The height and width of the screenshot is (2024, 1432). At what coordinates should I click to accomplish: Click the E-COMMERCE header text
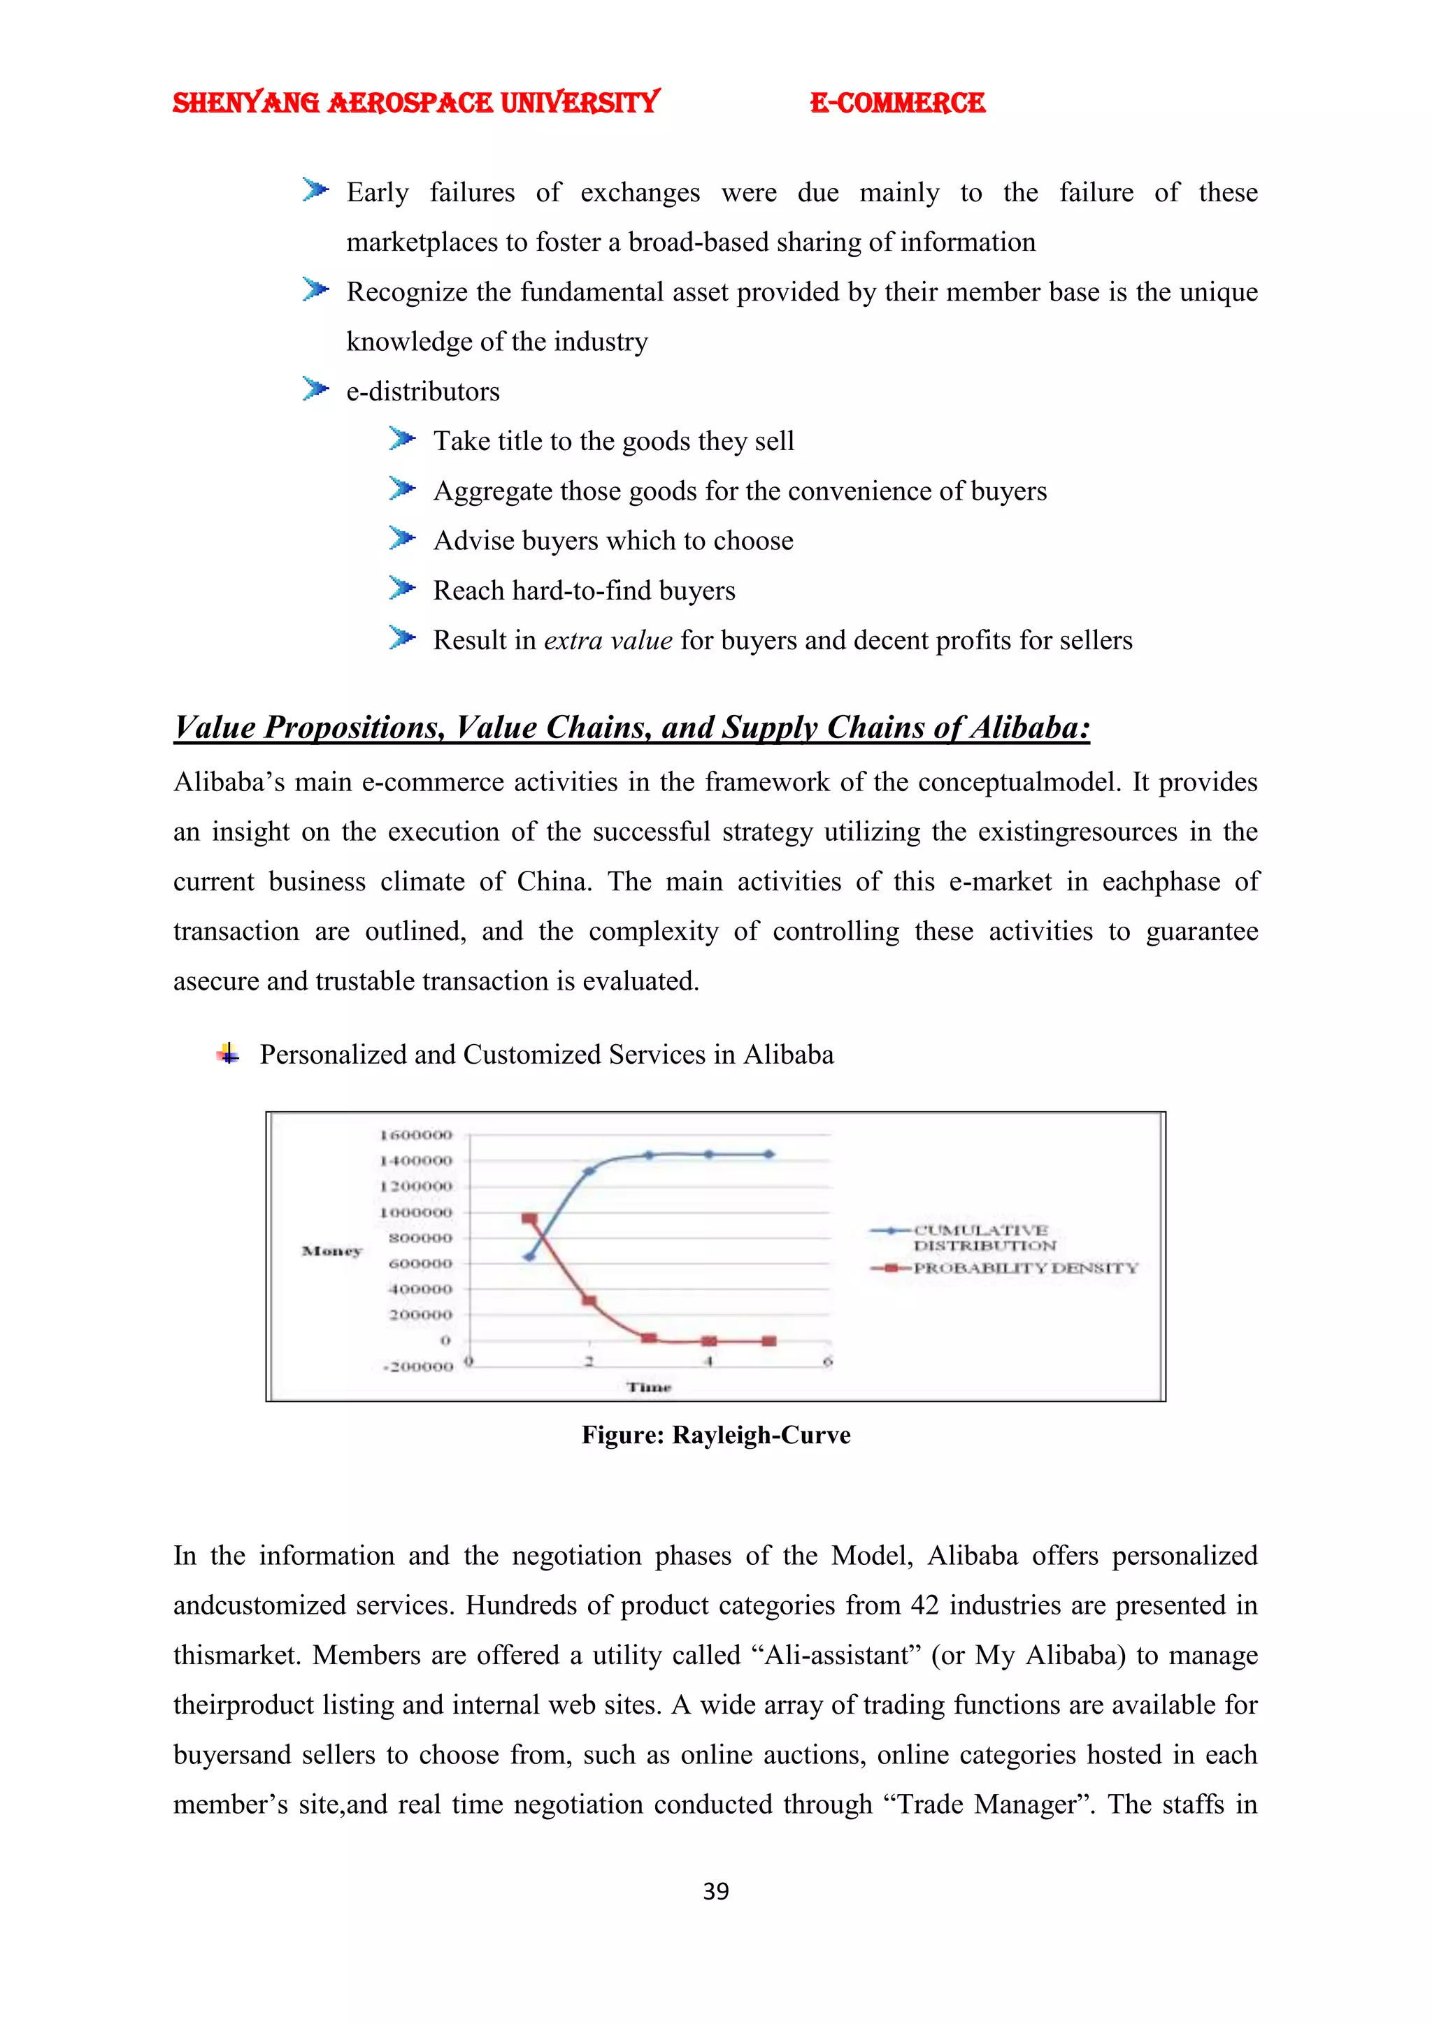pyautogui.click(x=897, y=103)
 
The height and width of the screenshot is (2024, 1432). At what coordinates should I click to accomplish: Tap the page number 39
pyautogui.click(x=715, y=1891)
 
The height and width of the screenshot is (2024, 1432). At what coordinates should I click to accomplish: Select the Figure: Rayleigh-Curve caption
pyautogui.click(x=715, y=1435)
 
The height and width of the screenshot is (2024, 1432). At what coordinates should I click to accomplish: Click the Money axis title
pyautogui.click(x=331, y=1251)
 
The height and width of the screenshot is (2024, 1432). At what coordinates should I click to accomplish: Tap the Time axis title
pyautogui.click(x=649, y=1387)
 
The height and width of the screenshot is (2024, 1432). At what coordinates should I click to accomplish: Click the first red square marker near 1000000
pyautogui.click(x=529, y=1218)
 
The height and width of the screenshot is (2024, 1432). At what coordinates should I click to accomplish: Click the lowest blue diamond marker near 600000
pyautogui.click(x=529, y=1256)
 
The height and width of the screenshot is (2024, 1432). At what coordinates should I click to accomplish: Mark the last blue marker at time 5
pyautogui.click(x=769, y=1154)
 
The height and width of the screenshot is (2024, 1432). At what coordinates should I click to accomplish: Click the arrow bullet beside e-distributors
pyautogui.click(x=315, y=389)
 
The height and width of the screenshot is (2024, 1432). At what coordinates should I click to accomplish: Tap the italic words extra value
pyautogui.click(x=608, y=640)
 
